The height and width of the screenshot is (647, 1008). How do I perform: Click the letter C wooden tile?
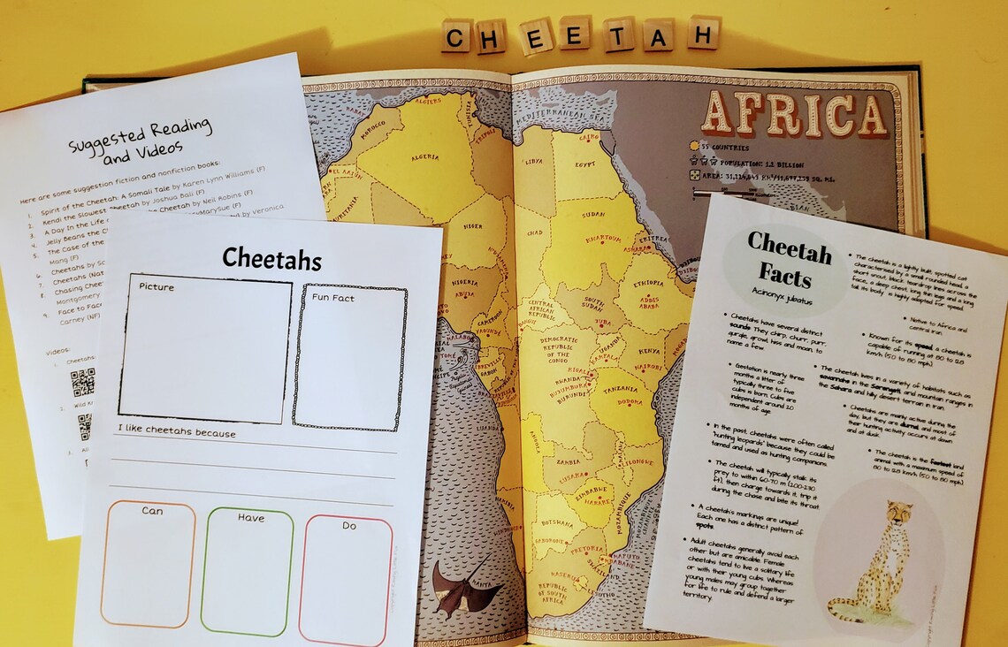[456, 36]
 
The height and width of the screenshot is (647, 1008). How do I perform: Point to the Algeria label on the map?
[424, 158]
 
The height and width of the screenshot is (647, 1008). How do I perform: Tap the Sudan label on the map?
[592, 214]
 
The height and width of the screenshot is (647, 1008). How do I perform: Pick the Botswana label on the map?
[554, 521]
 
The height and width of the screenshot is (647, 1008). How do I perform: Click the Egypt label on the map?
[585, 164]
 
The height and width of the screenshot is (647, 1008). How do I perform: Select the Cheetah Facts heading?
[790, 257]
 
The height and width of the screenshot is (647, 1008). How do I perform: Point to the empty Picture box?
[205, 349]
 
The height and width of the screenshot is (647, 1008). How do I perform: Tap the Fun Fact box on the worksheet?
[349, 356]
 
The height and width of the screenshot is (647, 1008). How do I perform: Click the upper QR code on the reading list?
[82, 383]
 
